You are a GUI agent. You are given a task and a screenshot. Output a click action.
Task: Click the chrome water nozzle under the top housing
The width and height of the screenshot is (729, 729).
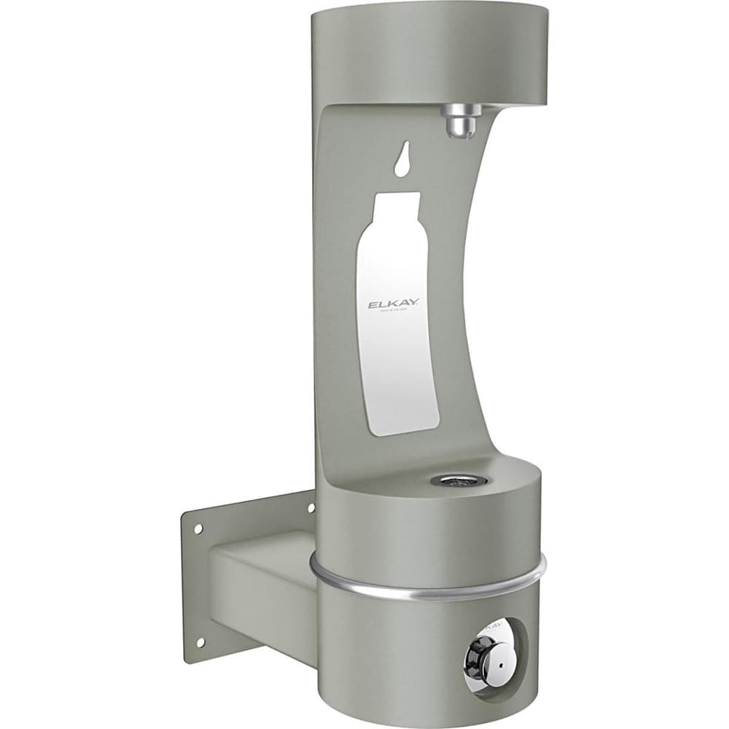[464, 118]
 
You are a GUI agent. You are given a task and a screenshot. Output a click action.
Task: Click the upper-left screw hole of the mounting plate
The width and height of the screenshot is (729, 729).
[195, 529]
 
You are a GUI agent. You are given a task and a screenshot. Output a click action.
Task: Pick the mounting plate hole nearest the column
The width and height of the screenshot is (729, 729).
[311, 506]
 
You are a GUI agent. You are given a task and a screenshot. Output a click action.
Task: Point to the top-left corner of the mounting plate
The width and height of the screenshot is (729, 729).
[182, 514]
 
